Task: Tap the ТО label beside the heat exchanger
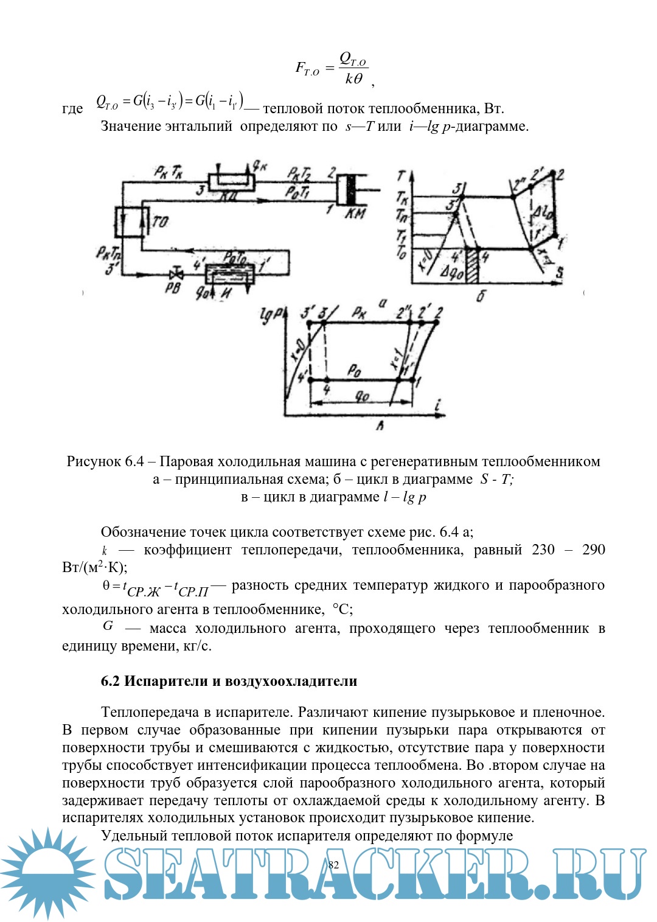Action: [160, 222]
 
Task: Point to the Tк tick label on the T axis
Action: [402, 198]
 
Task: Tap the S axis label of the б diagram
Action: [558, 272]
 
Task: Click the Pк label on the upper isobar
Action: [359, 312]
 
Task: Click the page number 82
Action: [333, 865]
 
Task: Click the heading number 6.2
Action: [111, 681]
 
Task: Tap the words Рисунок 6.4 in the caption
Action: [105, 461]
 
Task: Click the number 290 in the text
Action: [593, 550]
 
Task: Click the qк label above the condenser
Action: [260, 165]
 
